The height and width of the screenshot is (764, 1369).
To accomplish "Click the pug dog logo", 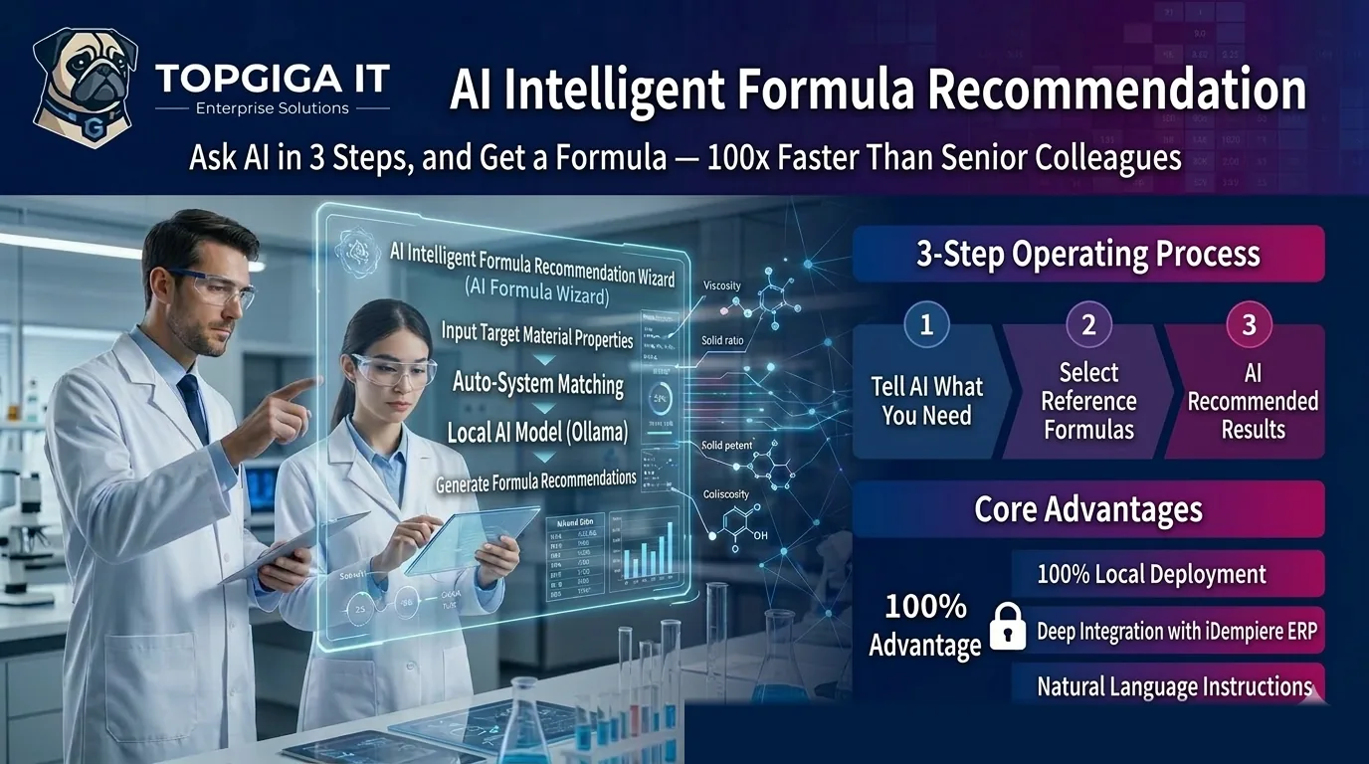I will tap(84, 87).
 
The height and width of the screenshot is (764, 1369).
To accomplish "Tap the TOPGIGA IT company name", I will tap(273, 78).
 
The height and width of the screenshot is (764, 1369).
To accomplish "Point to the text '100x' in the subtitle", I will tap(736, 158).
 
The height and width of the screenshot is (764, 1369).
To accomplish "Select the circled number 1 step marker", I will tap(926, 325).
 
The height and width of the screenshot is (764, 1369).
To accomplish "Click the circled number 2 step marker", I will tap(1088, 325).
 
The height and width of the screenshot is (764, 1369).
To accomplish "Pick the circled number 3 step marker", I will tap(1250, 325).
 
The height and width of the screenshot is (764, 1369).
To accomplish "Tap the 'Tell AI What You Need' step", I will tap(926, 401).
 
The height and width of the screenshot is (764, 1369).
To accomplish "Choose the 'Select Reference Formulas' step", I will tap(1088, 401).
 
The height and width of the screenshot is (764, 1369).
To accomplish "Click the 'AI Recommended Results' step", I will tap(1253, 401).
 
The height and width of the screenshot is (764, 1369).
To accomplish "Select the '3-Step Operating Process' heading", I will tap(1088, 254).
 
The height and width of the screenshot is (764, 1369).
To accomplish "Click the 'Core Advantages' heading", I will tap(1088, 509).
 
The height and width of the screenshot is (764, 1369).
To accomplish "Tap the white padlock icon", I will tap(1007, 626).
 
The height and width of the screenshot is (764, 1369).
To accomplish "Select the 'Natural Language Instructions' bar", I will tap(1174, 686).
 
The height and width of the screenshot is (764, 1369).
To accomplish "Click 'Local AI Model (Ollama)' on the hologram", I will tap(537, 433).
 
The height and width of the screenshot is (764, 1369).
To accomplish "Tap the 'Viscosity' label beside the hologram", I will tap(721, 286).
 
